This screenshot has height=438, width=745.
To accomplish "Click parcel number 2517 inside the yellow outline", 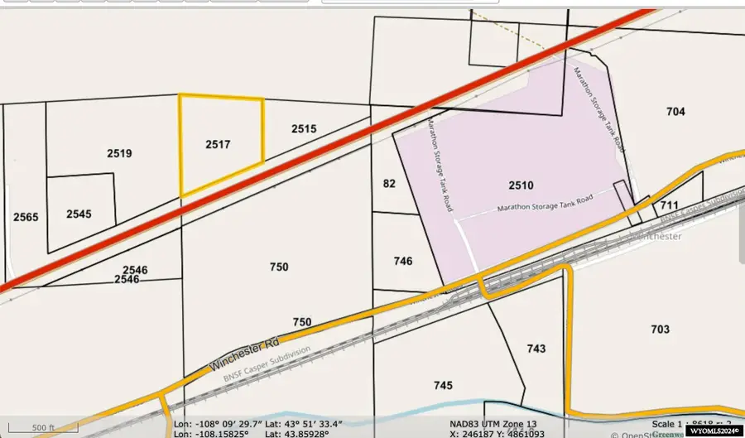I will point(218,144).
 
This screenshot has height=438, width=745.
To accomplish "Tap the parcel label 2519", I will point(119,153).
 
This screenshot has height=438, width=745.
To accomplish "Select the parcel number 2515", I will point(304,129).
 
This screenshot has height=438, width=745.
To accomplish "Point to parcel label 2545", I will point(79,214).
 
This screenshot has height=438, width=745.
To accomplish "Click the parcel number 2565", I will point(26,217).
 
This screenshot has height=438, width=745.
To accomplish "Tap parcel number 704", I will point(675,112).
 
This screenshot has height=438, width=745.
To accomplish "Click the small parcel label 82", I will point(389,184).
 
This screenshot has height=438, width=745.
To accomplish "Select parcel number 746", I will point(403,261).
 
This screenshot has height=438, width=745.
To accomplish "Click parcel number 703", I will point(660,330).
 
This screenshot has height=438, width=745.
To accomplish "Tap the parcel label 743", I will point(536,349).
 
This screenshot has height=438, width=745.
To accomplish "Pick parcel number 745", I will point(443,385).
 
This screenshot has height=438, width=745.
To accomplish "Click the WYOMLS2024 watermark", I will point(713,431).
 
